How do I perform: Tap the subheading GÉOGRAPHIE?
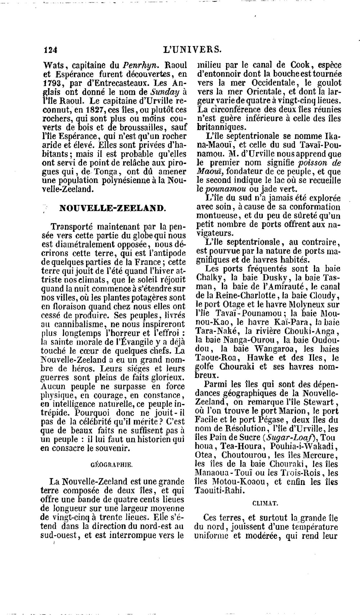[111, 464]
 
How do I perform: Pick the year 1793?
[54, 84]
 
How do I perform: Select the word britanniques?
[221, 127]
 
